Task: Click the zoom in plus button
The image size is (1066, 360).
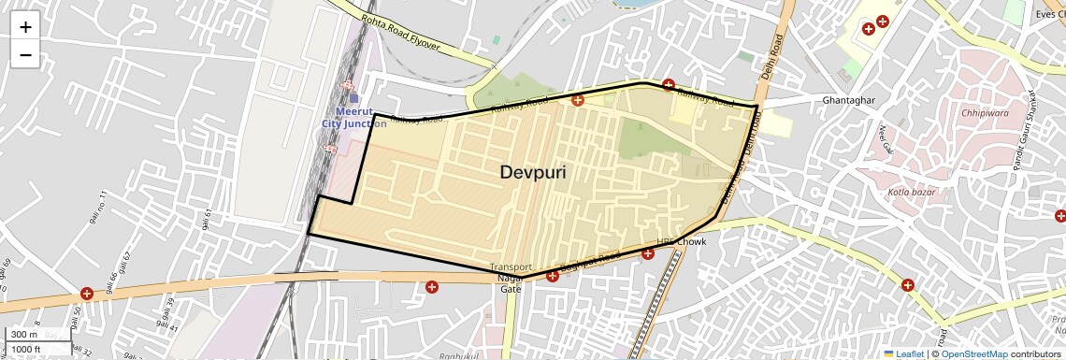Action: tap(25, 26)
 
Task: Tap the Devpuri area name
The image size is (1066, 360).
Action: tap(533, 172)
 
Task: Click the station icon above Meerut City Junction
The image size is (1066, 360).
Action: tap(353, 97)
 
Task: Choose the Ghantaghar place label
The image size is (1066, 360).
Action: tap(821, 100)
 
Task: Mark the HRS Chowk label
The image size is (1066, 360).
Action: tap(681, 241)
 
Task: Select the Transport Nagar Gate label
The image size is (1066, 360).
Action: tap(511, 278)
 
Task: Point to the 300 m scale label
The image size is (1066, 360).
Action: tap(24, 335)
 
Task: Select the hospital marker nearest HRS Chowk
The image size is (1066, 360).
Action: tap(647, 253)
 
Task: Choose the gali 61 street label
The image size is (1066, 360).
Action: tap(205, 219)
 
